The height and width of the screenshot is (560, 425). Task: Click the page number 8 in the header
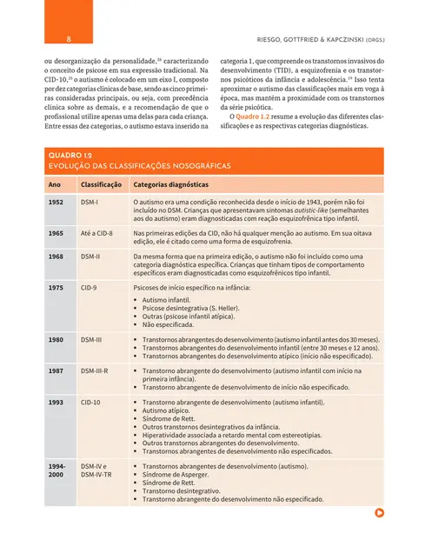pos(68,39)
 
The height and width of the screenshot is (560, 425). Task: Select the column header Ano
pos(55,184)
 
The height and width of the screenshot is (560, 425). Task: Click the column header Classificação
pos(100,184)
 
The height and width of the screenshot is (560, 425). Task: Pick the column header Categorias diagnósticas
pos(170,184)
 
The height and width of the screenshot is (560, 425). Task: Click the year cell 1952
pos(56,203)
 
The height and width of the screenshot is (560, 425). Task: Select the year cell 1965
pos(56,234)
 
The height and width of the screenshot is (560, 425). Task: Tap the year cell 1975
pos(56,286)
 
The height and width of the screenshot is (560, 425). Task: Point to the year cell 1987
pos(56,370)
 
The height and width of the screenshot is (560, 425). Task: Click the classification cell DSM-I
pos(90,203)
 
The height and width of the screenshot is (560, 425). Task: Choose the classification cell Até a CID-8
pos(98,234)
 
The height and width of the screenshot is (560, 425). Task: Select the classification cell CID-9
pos(89,286)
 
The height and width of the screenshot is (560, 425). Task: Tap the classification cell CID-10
pos(90,403)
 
